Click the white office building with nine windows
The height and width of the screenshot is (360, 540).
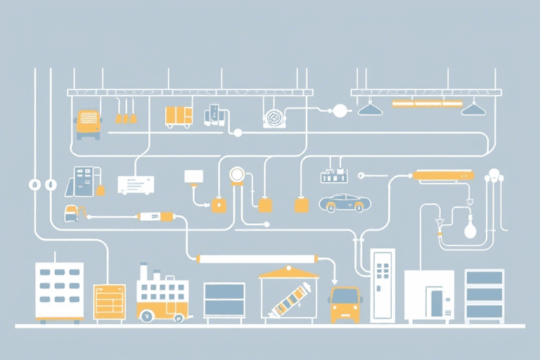click(x=59, y=291)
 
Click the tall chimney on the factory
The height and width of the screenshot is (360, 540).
click(x=143, y=271)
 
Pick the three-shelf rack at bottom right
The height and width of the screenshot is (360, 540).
click(x=484, y=295)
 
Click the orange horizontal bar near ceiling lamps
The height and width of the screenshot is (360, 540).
click(x=427, y=104)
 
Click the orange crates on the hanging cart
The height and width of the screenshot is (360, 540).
click(x=179, y=116)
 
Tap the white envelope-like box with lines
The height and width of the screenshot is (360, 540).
click(x=136, y=185)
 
